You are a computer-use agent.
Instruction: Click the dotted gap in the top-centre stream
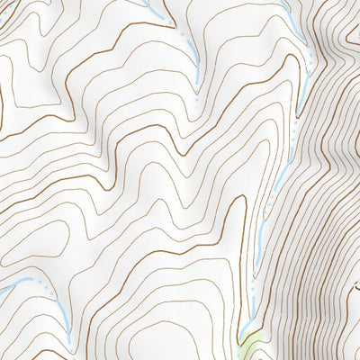coord(183,36)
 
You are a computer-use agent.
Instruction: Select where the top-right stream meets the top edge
coord(286,3)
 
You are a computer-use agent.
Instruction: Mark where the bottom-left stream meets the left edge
coord(3,291)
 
